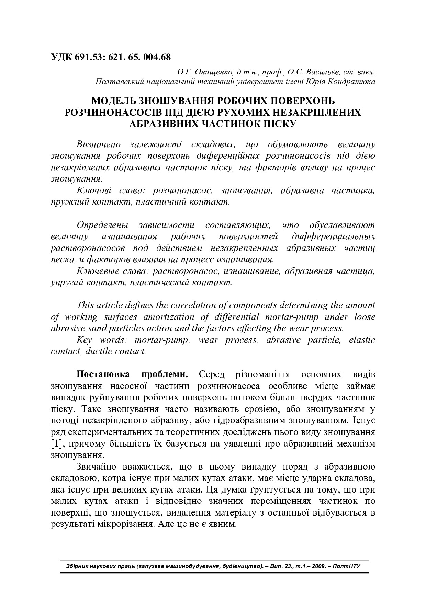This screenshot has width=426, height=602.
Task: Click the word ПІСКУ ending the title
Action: click(x=280, y=124)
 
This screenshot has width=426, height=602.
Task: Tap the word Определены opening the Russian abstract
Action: click(x=102, y=225)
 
